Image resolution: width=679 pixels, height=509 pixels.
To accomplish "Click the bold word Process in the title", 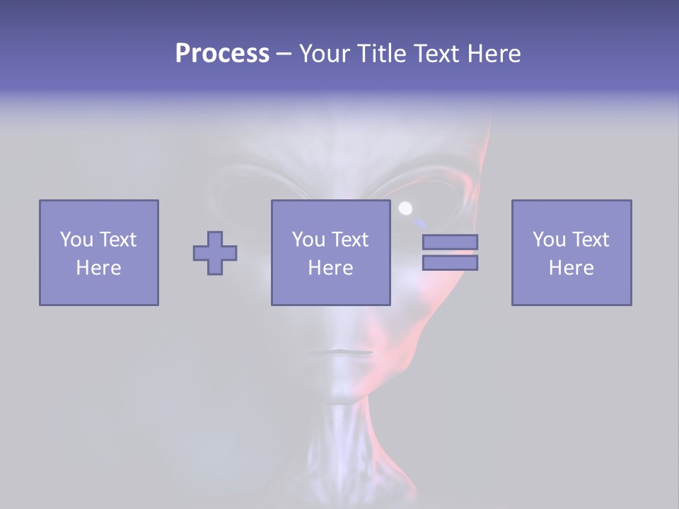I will click(x=222, y=54).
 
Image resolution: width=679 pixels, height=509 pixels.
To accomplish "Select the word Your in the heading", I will click(x=325, y=54).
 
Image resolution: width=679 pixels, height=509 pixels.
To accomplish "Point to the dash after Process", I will click(x=284, y=54).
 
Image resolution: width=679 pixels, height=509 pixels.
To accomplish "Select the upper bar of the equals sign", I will click(x=450, y=242).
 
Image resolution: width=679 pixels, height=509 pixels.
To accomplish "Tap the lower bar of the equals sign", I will click(x=450, y=262).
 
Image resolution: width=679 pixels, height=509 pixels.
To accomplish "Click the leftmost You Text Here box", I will click(x=98, y=252).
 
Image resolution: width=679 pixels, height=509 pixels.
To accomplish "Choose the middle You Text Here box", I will click(x=330, y=252).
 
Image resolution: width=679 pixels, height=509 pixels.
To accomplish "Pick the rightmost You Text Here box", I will click(x=571, y=252).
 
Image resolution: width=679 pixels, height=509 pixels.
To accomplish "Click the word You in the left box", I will click(x=76, y=240).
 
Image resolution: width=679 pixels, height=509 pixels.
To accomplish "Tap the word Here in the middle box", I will click(x=330, y=268).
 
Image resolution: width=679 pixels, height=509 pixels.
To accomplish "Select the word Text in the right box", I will click(x=590, y=240).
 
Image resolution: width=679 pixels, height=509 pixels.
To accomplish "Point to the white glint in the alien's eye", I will click(x=405, y=208).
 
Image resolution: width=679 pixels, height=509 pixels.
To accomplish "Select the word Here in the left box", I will click(x=98, y=268).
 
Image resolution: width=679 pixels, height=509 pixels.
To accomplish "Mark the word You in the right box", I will click(x=549, y=240).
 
